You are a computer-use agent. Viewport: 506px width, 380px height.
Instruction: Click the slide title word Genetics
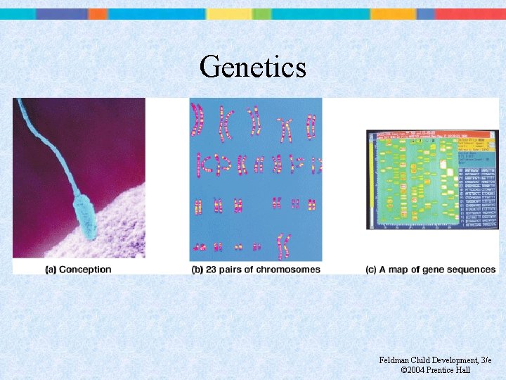(x=253, y=68)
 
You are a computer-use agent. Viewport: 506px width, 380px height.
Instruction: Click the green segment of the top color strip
(x=261, y=13)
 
